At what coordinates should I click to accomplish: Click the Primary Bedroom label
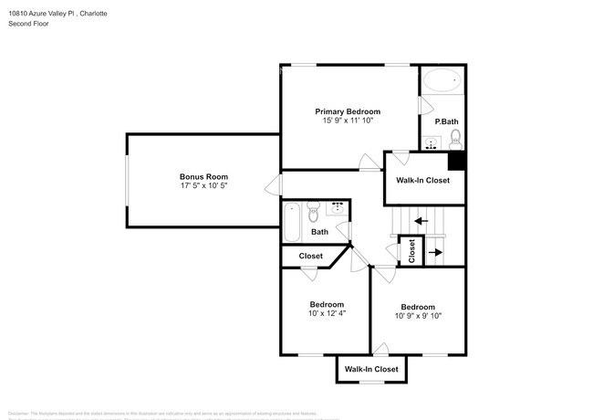348,110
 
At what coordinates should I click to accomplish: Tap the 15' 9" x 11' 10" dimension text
348,121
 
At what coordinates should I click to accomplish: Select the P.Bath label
445,121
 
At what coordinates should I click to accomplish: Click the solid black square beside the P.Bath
457,161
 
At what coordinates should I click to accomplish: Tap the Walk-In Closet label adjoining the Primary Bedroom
421,180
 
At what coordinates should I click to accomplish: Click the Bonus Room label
203,176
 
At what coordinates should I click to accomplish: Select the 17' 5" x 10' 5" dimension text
203,186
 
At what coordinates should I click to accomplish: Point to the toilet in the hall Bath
313,215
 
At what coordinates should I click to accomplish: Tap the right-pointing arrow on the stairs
435,251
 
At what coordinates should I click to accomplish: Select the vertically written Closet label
411,249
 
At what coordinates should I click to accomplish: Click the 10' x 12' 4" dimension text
326,313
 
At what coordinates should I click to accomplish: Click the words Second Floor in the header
28,23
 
